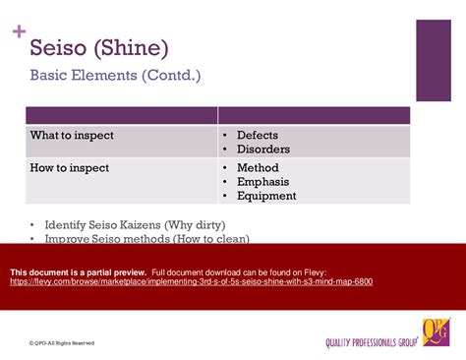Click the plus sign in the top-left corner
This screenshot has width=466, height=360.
click(18, 31)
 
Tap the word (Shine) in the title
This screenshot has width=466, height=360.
click(135, 47)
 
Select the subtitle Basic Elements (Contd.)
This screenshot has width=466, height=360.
click(115, 76)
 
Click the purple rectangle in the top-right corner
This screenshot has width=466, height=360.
click(434, 60)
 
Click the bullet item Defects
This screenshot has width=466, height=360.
click(258, 135)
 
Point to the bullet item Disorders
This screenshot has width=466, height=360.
click(262, 149)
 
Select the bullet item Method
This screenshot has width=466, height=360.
click(258, 168)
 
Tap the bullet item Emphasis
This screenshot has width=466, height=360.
click(262, 182)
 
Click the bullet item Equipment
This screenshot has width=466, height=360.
click(265, 196)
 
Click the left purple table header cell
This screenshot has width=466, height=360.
click(121, 116)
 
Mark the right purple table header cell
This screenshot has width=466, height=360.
click(314, 116)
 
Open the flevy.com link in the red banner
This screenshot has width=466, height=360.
click(191, 281)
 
